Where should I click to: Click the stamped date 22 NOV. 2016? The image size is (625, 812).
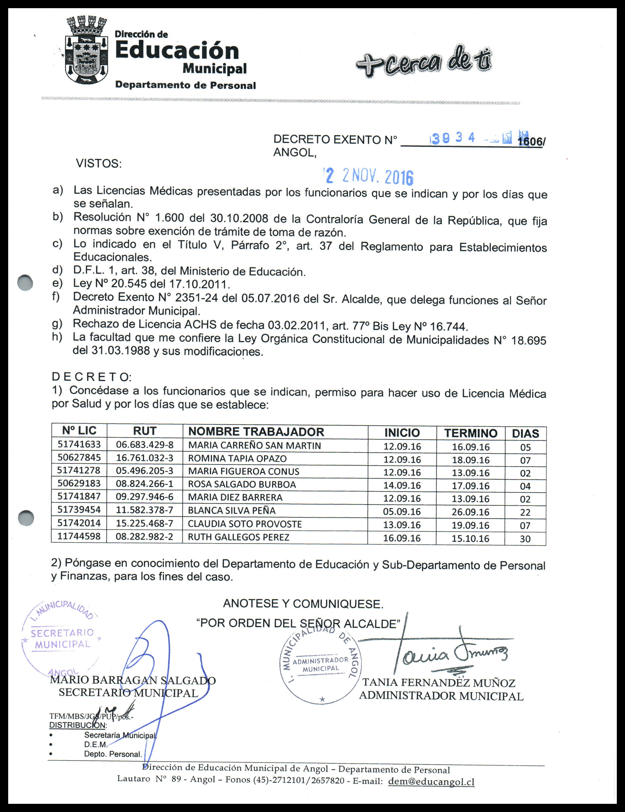coord(369,176)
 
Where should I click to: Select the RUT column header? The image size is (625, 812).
coord(145,431)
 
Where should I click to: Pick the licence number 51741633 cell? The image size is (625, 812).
coord(79,444)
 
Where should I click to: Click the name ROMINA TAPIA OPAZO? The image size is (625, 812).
coord(237,458)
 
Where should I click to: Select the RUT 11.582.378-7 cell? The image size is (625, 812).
coord(144,510)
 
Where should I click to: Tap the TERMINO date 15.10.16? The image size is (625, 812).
coord(470,538)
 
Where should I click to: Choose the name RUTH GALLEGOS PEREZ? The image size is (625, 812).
coord(238,537)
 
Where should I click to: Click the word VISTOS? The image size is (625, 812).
coord(99,164)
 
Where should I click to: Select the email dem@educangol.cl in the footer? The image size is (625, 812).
coord(431,782)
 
